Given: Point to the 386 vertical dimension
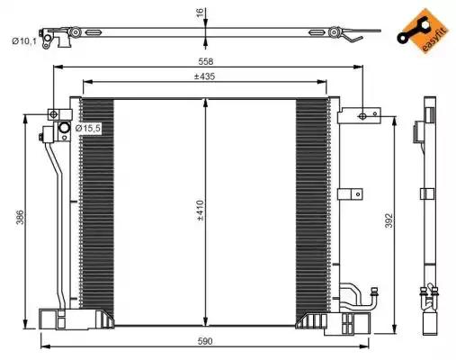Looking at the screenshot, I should pyautogui.click(x=31, y=218).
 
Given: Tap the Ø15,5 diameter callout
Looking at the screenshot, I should pyautogui.click(x=87, y=130).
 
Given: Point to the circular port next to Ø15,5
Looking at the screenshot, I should pyautogui.click(x=65, y=130).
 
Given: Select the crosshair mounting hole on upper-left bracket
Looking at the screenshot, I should pyautogui.click(x=53, y=114).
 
